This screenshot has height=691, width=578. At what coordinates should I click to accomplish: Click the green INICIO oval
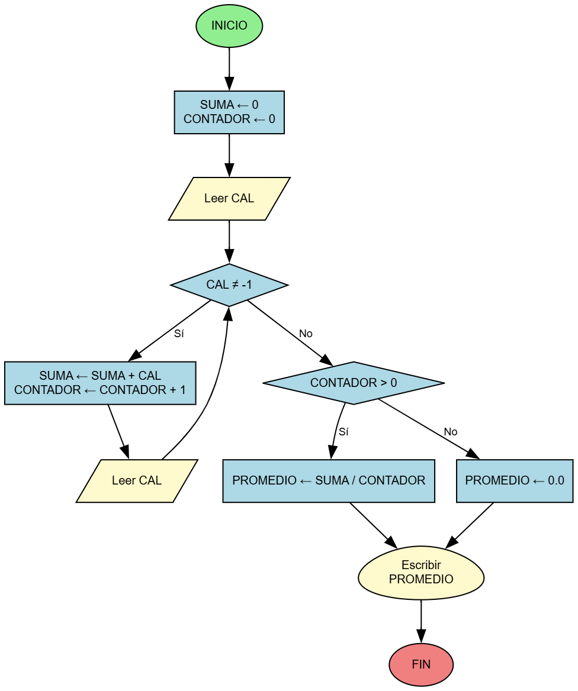[229, 26]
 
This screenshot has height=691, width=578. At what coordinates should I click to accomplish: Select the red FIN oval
[421, 664]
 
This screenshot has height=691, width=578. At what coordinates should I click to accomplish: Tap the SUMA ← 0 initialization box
[229, 112]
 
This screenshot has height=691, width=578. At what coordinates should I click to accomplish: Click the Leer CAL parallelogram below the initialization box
[229, 198]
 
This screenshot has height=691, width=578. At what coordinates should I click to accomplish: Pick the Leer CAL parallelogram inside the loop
[137, 480]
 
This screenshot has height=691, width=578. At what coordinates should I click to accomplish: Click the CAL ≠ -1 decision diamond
[229, 285]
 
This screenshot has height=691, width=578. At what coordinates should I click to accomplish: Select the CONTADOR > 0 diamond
[354, 383]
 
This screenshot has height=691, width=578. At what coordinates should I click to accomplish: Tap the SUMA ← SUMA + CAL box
[100, 383]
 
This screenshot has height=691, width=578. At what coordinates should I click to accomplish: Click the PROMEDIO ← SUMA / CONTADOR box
[329, 480]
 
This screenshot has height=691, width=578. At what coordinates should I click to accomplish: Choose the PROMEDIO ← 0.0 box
[515, 480]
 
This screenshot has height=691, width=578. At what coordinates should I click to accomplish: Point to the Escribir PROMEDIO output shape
[421, 573]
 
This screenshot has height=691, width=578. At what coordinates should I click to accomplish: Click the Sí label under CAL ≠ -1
[179, 334]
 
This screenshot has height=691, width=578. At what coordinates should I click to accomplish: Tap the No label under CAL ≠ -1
[306, 334]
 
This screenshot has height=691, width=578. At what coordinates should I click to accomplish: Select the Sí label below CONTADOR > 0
[343, 432]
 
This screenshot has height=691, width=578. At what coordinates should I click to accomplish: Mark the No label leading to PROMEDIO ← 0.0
[451, 432]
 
